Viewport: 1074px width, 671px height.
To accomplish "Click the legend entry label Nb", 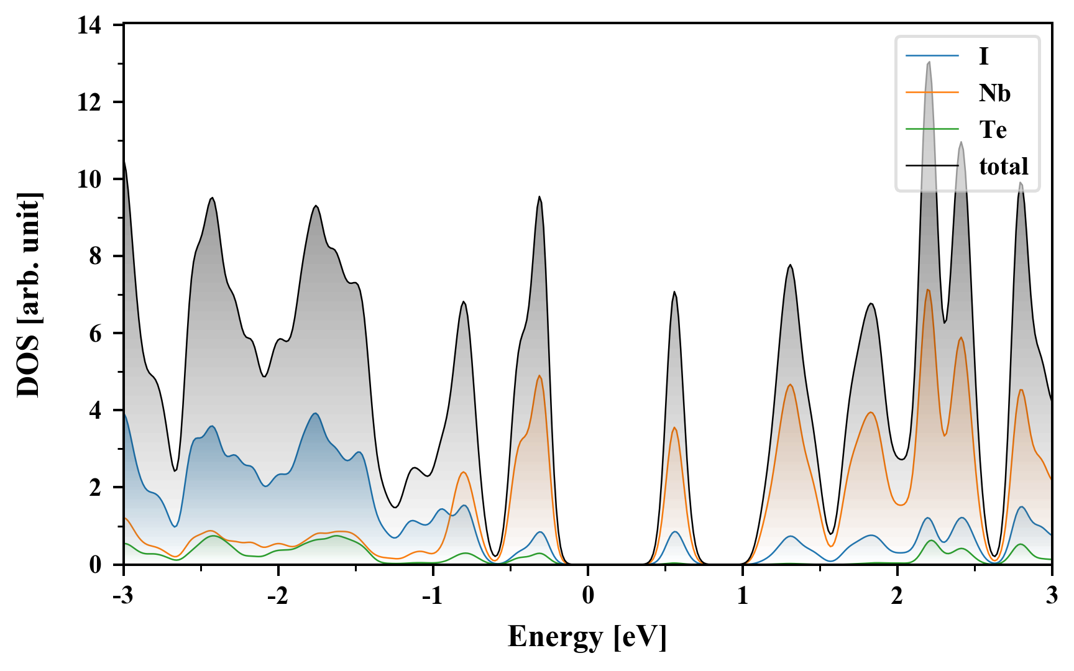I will click(994, 93).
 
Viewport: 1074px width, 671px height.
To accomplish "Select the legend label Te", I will click(993, 130).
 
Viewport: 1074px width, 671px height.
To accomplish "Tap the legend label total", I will click(1003, 167).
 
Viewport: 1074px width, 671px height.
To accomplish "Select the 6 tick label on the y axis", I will click(94, 334).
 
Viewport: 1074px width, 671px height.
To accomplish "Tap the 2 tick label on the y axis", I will click(94, 488).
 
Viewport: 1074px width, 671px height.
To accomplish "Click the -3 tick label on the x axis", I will click(124, 596).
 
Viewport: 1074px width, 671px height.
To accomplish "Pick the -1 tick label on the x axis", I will click(433, 596).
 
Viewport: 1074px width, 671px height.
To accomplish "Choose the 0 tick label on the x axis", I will click(588, 596).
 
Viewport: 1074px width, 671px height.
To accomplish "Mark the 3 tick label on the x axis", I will click(1052, 596).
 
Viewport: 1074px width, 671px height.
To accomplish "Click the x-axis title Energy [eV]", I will click(587, 637).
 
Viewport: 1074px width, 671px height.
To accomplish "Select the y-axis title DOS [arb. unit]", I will click(29, 295).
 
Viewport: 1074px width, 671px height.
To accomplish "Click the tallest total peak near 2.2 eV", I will click(929, 62).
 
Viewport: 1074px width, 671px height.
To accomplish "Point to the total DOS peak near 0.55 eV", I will click(674, 292).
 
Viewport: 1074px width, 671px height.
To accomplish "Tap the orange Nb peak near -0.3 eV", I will click(539, 376).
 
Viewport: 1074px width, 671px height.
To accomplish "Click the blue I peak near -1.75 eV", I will click(316, 413).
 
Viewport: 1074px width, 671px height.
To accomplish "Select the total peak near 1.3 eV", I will click(790, 265).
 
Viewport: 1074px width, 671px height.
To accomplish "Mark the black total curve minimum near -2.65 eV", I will click(175, 470).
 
